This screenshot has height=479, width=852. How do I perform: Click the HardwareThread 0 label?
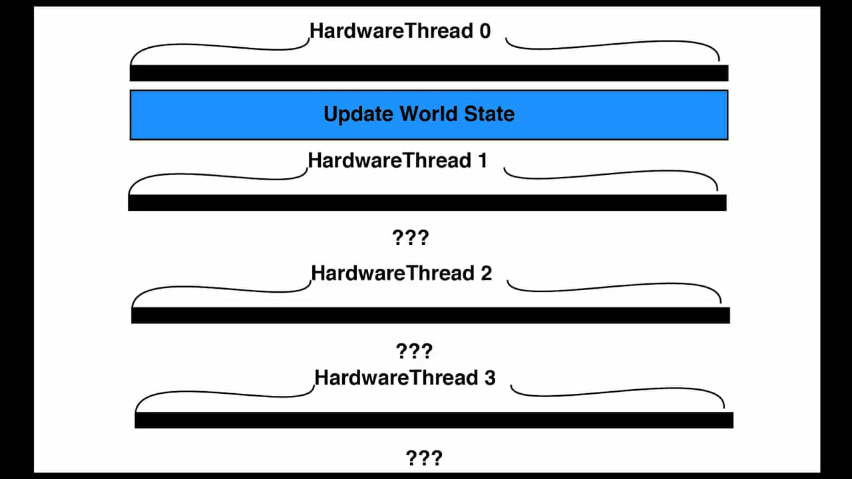400,31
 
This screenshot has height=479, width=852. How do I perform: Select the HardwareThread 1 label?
398,160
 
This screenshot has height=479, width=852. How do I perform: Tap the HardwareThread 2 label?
401,273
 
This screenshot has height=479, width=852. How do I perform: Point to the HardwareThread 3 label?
405,378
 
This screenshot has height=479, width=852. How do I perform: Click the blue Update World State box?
429,115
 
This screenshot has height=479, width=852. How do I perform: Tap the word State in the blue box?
489,114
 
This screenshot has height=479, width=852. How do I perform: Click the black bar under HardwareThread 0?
429,73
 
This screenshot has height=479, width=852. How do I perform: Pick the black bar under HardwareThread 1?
427,203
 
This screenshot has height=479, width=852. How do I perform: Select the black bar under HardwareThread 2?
431,315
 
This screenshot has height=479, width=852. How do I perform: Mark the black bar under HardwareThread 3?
434,420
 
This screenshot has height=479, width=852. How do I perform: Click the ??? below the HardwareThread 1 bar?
411,238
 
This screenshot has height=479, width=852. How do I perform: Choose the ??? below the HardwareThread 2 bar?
414,351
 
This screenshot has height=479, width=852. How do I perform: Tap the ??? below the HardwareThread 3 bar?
424,458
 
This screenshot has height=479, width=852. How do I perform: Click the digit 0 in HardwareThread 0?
485,31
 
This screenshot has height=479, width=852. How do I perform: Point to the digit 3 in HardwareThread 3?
490,379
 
